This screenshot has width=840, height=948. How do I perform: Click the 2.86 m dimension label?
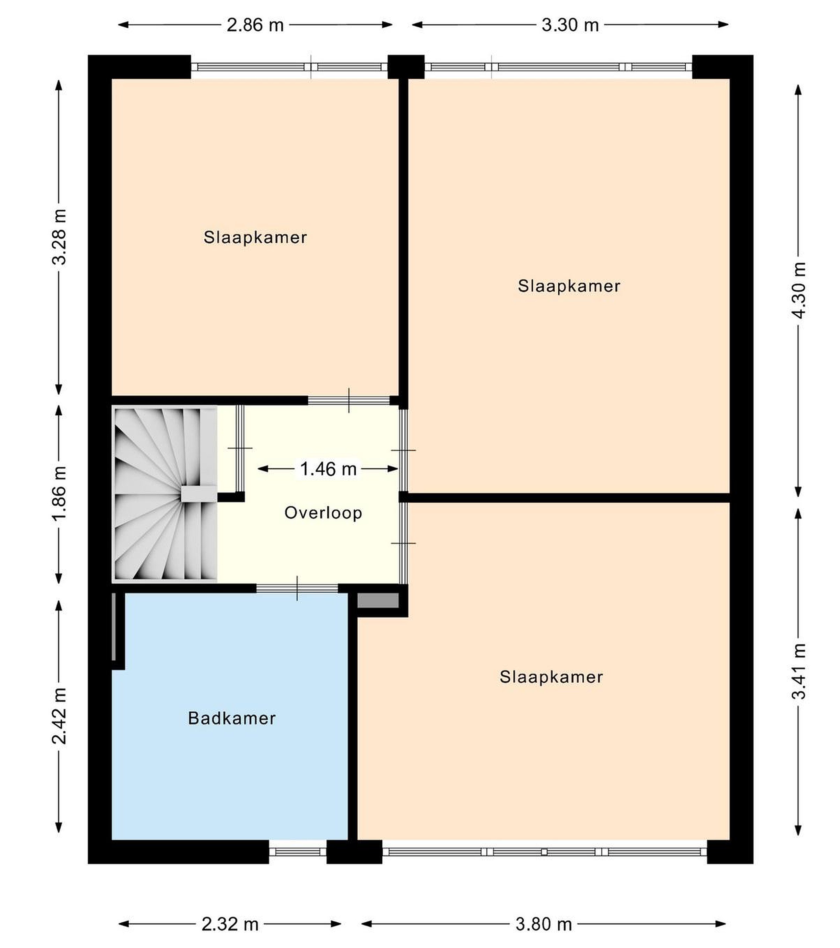pos(255,25)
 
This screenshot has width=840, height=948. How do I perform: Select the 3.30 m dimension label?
pos(570,25)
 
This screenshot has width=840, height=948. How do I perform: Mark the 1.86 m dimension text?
pos(59,494)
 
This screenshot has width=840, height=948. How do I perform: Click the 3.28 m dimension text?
pos(59,237)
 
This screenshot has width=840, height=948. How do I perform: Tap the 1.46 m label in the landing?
pos(328,469)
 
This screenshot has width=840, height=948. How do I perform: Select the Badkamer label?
pos(232,719)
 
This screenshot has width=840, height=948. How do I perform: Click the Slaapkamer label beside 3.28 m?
pos(255,237)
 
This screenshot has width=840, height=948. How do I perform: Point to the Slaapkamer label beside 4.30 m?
pos(569,286)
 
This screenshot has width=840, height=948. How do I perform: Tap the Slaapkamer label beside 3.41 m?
pos(551,677)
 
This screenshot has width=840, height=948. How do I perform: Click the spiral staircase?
pos(165,494)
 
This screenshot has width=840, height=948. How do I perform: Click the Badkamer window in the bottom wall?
pos(298,852)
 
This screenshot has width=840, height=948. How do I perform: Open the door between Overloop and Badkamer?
pos(297,588)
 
